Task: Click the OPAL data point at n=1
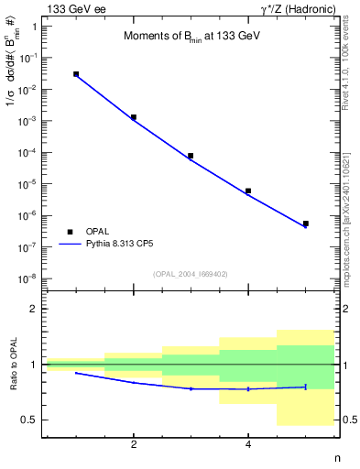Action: pos(76,74)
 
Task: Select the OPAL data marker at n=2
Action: pos(134,117)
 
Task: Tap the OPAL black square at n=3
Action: pos(191,156)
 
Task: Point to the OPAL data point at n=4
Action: pos(248,191)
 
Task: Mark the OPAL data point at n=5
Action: pos(305,224)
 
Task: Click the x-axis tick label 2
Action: pos(134,444)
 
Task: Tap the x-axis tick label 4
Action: pos(248,444)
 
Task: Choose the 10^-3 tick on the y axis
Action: pos(29,121)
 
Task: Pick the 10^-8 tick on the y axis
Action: pos(29,278)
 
